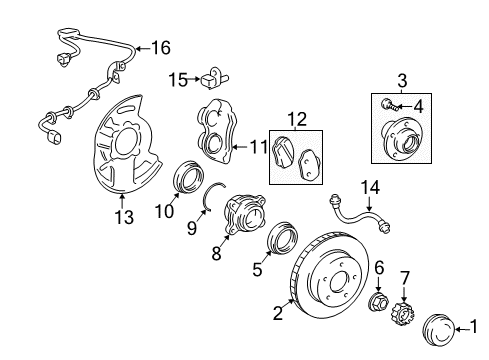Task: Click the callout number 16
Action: tap(160, 47)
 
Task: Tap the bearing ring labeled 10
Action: tap(186, 176)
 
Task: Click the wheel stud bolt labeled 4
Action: tap(386, 103)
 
